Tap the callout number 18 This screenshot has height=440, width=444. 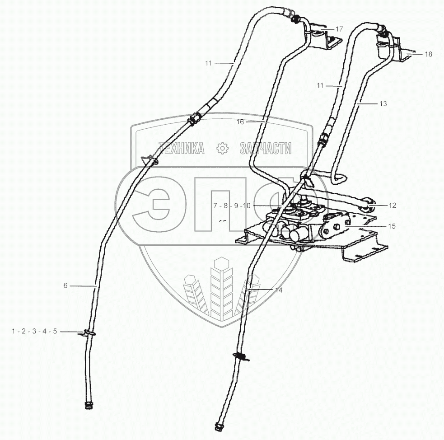coord(428,54)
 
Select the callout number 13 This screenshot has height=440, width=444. coord(383,104)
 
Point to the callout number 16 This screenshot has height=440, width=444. coord(240,122)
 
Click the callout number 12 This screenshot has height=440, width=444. coord(392,206)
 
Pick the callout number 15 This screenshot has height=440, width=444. coord(392,226)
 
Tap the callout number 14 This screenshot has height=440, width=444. coord(279,290)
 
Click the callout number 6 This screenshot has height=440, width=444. coord(65,286)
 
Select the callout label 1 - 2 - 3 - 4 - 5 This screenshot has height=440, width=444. coord(34,332)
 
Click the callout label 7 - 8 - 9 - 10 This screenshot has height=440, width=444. coord(232,206)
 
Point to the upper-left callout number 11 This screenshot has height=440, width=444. coord(208,63)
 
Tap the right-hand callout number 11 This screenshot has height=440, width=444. coord(320,84)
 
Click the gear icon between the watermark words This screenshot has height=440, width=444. coord(221,148)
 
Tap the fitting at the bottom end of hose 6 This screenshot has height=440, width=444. coord(88,405)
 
